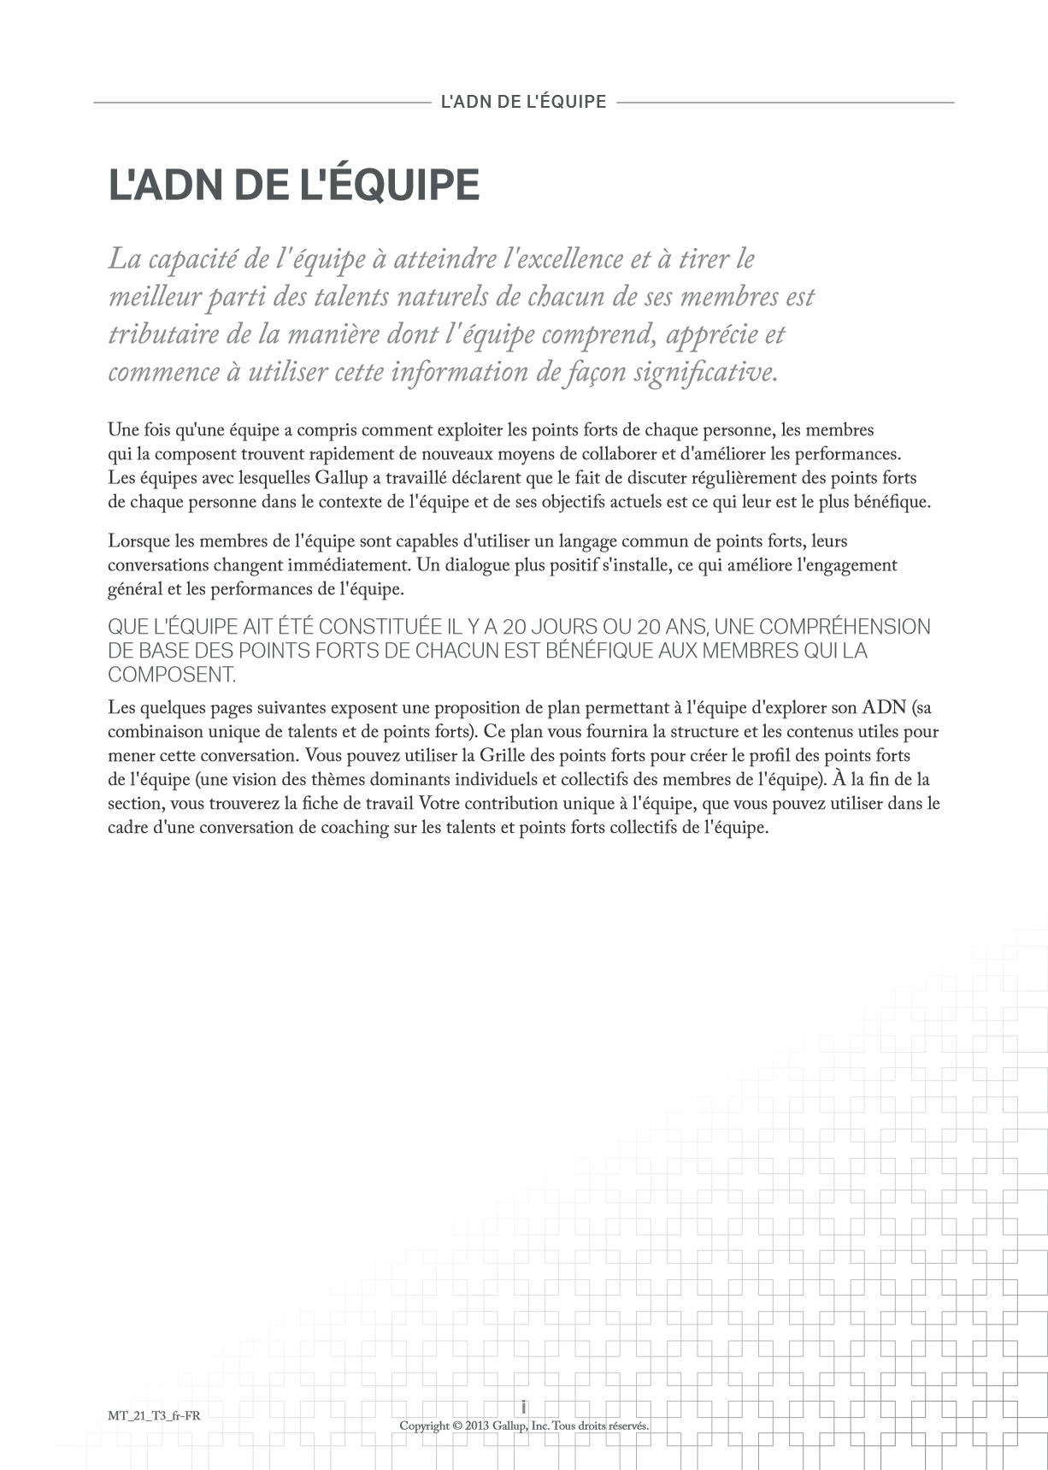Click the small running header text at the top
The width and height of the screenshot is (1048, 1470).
click(x=523, y=102)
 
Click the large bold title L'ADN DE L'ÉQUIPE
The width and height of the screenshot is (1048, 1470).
click(x=293, y=185)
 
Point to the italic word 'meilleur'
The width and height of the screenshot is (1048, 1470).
click(x=155, y=297)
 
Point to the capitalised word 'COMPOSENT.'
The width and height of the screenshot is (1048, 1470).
click(x=171, y=675)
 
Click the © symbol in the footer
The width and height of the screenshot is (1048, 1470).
click(x=458, y=1426)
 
